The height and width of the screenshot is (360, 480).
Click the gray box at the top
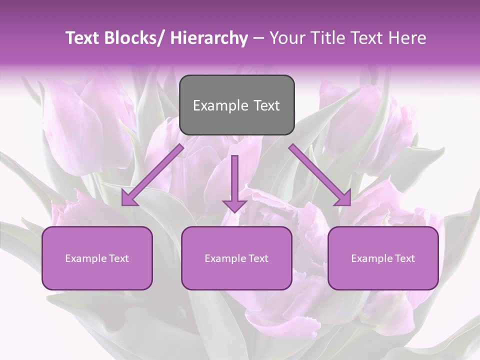(x=236, y=105)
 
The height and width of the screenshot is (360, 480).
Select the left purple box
(x=97, y=258)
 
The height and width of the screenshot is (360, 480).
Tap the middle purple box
(x=236, y=258)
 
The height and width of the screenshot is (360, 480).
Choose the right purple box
(x=383, y=258)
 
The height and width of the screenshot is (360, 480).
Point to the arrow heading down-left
(x=152, y=175)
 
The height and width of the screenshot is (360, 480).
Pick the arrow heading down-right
(x=320, y=175)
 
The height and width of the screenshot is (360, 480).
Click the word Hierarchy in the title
(x=209, y=38)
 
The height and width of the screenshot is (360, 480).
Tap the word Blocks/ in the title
(x=137, y=38)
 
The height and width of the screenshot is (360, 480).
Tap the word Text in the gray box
(x=266, y=105)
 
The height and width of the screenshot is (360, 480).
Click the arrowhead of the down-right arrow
(x=344, y=199)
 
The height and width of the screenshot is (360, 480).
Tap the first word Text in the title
(x=84, y=38)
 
